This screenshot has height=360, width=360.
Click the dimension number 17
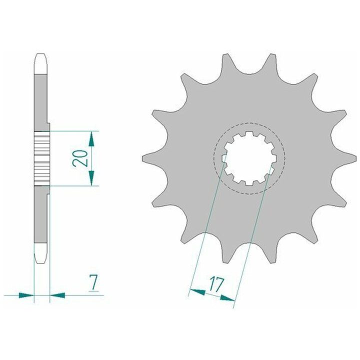[x=216, y=284]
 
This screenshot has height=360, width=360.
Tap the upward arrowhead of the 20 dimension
[x=91, y=139]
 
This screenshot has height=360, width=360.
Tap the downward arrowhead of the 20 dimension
[x=91, y=178]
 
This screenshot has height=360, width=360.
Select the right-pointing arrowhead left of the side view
[x=26, y=295]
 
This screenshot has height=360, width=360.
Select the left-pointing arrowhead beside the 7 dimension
[x=57, y=295]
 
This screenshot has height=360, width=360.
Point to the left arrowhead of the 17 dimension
[x=197, y=292]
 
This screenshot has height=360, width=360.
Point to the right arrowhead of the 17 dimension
[x=227, y=298]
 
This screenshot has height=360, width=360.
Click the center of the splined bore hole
[x=249, y=158]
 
